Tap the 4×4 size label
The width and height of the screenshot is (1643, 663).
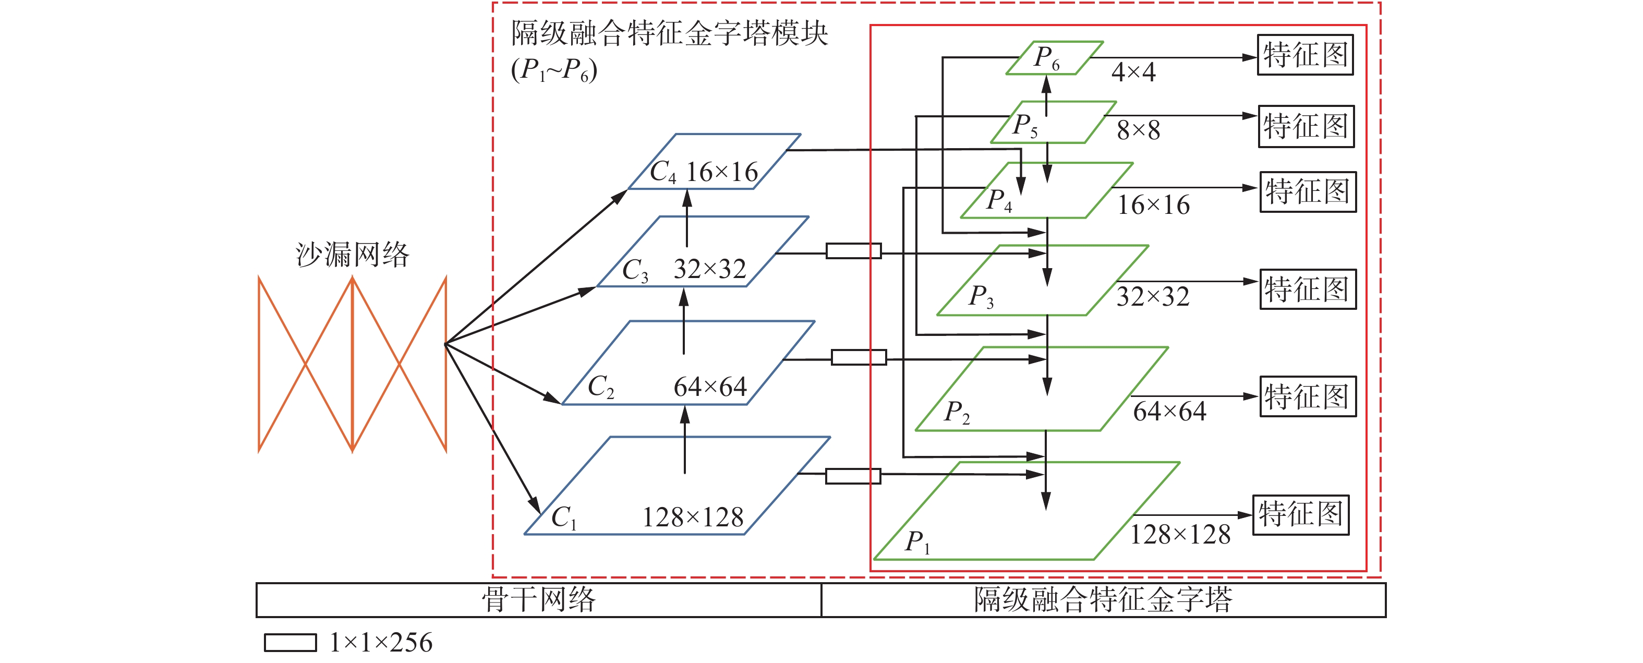click(1133, 71)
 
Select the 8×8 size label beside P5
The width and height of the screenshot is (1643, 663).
click(1138, 130)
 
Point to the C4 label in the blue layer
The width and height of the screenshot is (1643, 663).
click(663, 172)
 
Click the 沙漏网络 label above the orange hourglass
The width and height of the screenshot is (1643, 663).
click(352, 255)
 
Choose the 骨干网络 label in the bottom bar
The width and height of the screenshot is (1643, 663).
click(538, 600)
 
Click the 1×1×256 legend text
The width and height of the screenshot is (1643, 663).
click(381, 642)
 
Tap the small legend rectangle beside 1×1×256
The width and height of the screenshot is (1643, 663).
click(290, 643)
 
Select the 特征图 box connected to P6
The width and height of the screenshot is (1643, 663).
click(1305, 55)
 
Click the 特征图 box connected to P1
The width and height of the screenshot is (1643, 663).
click(1300, 514)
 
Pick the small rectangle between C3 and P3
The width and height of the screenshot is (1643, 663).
click(853, 251)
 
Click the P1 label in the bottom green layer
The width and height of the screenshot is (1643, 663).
click(917, 543)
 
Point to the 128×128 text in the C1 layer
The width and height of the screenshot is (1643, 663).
click(693, 517)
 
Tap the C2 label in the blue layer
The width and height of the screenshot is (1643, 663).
click(601, 387)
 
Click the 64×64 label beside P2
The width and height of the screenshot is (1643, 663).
click(1169, 412)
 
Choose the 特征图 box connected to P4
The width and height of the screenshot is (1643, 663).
click(1308, 191)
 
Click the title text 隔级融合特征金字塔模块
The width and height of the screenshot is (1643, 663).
click(669, 33)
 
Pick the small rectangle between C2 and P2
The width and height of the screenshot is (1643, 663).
click(859, 357)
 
